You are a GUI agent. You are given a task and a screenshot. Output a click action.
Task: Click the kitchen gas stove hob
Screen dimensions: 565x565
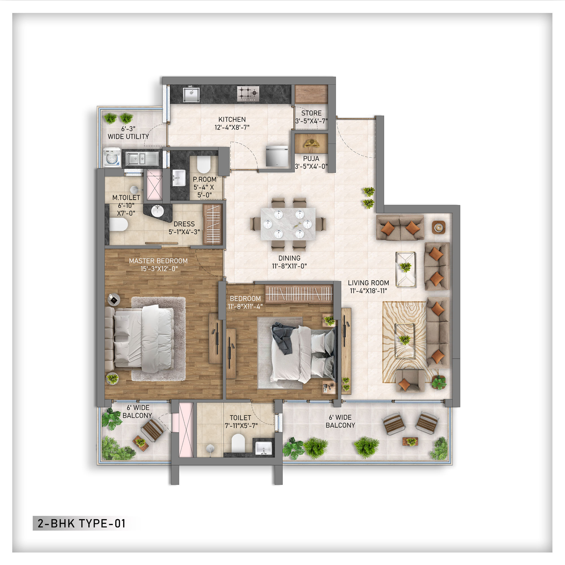point(248,94)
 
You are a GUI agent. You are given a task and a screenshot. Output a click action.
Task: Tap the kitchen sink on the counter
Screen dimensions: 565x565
point(191,95)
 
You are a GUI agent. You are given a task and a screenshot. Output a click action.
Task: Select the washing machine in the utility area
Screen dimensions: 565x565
point(112,158)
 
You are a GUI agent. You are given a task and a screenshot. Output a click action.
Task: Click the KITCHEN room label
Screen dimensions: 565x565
point(232,119)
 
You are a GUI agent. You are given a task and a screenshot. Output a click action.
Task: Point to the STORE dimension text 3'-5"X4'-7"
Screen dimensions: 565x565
point(311,121)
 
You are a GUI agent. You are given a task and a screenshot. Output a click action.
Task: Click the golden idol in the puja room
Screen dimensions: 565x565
point(311,143)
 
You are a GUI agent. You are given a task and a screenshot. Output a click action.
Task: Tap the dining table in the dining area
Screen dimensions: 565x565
point(288,224)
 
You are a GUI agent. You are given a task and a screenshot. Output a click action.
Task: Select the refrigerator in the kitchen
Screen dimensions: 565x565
point(277,156)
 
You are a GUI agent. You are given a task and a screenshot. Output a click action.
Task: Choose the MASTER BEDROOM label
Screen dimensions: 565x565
point(158,261)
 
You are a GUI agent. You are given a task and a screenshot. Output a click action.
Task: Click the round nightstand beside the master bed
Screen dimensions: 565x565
point(114,299)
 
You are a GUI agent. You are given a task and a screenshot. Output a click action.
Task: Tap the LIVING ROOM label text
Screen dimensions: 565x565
point(368,283)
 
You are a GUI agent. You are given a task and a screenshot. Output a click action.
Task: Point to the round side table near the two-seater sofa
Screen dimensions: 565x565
point(438,227)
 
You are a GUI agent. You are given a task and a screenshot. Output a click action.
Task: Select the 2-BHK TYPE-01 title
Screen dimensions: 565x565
point(82,523)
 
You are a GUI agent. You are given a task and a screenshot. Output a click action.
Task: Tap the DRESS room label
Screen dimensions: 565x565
point(184,224)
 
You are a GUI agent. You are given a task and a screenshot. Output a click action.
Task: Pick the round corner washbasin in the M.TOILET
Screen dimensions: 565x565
point(158,211)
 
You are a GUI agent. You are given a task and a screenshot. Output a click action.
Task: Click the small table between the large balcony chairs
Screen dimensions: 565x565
point(410,441)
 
